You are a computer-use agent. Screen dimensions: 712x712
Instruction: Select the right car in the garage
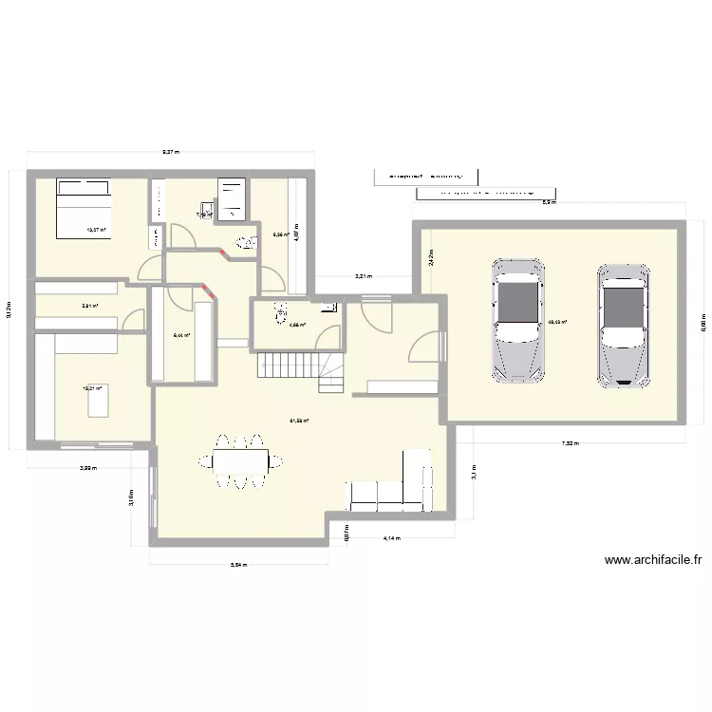[x=622, y=323]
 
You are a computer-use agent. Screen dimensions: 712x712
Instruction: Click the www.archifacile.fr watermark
[x=652, y=560]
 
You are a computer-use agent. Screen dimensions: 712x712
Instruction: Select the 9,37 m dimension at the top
[x=171, y=151]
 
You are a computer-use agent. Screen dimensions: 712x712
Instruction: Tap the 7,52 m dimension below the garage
[x=570, y=443]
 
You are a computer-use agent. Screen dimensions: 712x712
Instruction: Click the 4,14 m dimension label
[x=391, y=538]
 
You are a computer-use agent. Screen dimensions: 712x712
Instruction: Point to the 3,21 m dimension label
[x=364, y=276]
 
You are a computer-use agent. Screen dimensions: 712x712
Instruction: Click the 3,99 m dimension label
[x=87, y=467]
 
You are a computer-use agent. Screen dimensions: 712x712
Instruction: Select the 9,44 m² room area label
[x=181, y=335]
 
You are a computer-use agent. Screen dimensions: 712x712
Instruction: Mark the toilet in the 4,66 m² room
[x=280, y=309]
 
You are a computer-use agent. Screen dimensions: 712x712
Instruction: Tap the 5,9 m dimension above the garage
[x=548, y=202]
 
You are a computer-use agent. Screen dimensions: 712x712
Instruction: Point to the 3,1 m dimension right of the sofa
[x=472, y=470]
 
